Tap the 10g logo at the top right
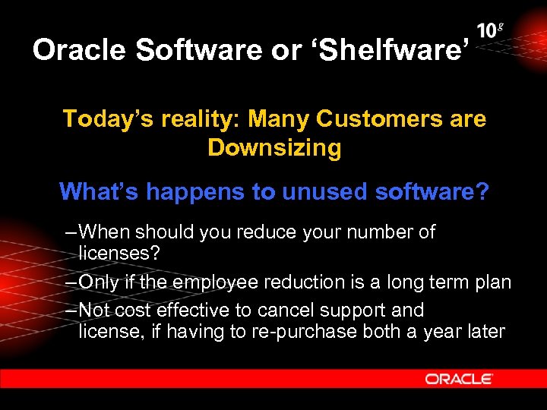click(491, 31)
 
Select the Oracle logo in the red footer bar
click(459, 378)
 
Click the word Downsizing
click(274, 147)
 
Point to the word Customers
click(365, 119)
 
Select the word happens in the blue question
click(192, 191)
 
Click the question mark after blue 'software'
click(482, 191)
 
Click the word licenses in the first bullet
click(119, 252)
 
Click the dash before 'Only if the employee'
click(71, 282)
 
